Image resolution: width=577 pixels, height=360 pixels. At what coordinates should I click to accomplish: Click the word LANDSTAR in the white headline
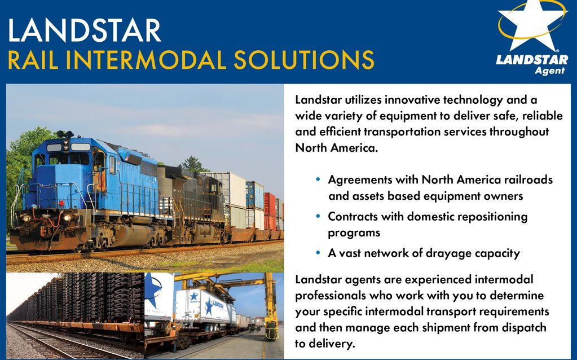point(84,30)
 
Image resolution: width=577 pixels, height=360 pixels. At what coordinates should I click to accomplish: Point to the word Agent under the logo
point(549,71)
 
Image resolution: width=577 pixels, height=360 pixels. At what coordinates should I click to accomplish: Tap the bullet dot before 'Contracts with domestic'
point(318,216)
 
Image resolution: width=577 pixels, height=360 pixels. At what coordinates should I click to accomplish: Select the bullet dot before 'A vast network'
point(318,253)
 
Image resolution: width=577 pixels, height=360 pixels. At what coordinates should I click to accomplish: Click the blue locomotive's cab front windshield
point(69,159)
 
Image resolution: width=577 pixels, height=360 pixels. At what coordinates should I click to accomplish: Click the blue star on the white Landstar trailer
point(209,306)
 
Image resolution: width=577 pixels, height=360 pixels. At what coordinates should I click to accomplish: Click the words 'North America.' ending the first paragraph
point(336,148)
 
